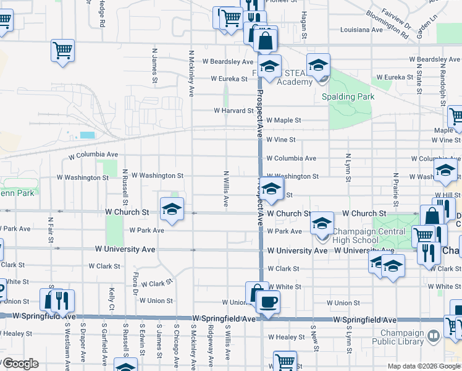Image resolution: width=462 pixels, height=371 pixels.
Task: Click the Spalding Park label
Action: [x=348, y=96]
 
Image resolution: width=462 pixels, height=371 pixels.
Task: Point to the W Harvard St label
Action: [x=233, y=111]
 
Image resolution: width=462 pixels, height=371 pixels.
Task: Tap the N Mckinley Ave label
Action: [x=192, y=73]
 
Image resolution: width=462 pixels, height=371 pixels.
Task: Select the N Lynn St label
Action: [x=348, y=168]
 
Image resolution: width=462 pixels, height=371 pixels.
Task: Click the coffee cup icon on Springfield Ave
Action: [x=267, y=301]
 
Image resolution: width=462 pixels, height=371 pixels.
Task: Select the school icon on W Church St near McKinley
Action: [x=172, y=209]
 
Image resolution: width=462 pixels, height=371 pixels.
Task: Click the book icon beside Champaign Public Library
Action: [x=434, y=335]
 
